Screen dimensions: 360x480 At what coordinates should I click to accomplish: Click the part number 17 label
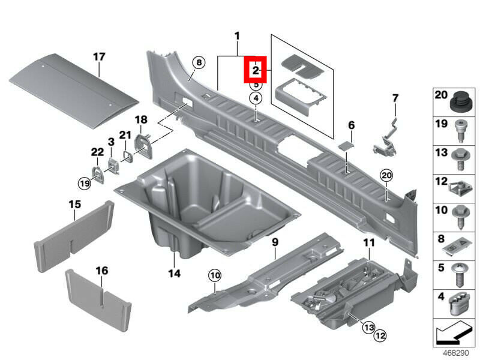tap(99, 57)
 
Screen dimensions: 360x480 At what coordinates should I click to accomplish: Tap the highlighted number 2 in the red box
tap(256, 71)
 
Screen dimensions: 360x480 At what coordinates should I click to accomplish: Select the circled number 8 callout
tap(199, 62)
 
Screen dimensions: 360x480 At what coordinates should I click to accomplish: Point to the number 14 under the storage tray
tap(174, 274)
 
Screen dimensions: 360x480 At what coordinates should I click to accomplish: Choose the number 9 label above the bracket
tap(275, 242)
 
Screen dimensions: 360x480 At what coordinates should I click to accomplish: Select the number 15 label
tap(74, 205)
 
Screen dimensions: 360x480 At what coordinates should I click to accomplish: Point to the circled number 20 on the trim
tap(385, 175)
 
